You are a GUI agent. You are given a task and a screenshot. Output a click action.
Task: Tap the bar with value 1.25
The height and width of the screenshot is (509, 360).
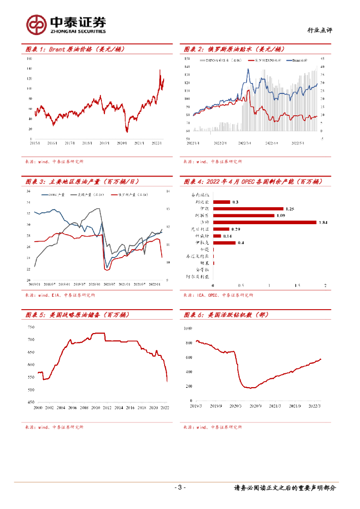pos(248,209)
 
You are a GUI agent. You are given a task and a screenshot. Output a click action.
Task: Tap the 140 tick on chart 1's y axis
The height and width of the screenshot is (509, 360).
pos(29,69)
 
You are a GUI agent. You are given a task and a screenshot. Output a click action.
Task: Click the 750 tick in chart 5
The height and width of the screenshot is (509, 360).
pos(31,327)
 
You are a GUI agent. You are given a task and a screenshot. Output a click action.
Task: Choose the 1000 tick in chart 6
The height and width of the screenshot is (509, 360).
pos(187,329)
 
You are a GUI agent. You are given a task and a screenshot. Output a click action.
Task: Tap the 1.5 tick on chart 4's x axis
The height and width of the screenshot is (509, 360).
pos(297,285)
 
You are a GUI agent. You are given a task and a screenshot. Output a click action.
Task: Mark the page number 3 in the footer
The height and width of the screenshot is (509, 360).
pos(180,487)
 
